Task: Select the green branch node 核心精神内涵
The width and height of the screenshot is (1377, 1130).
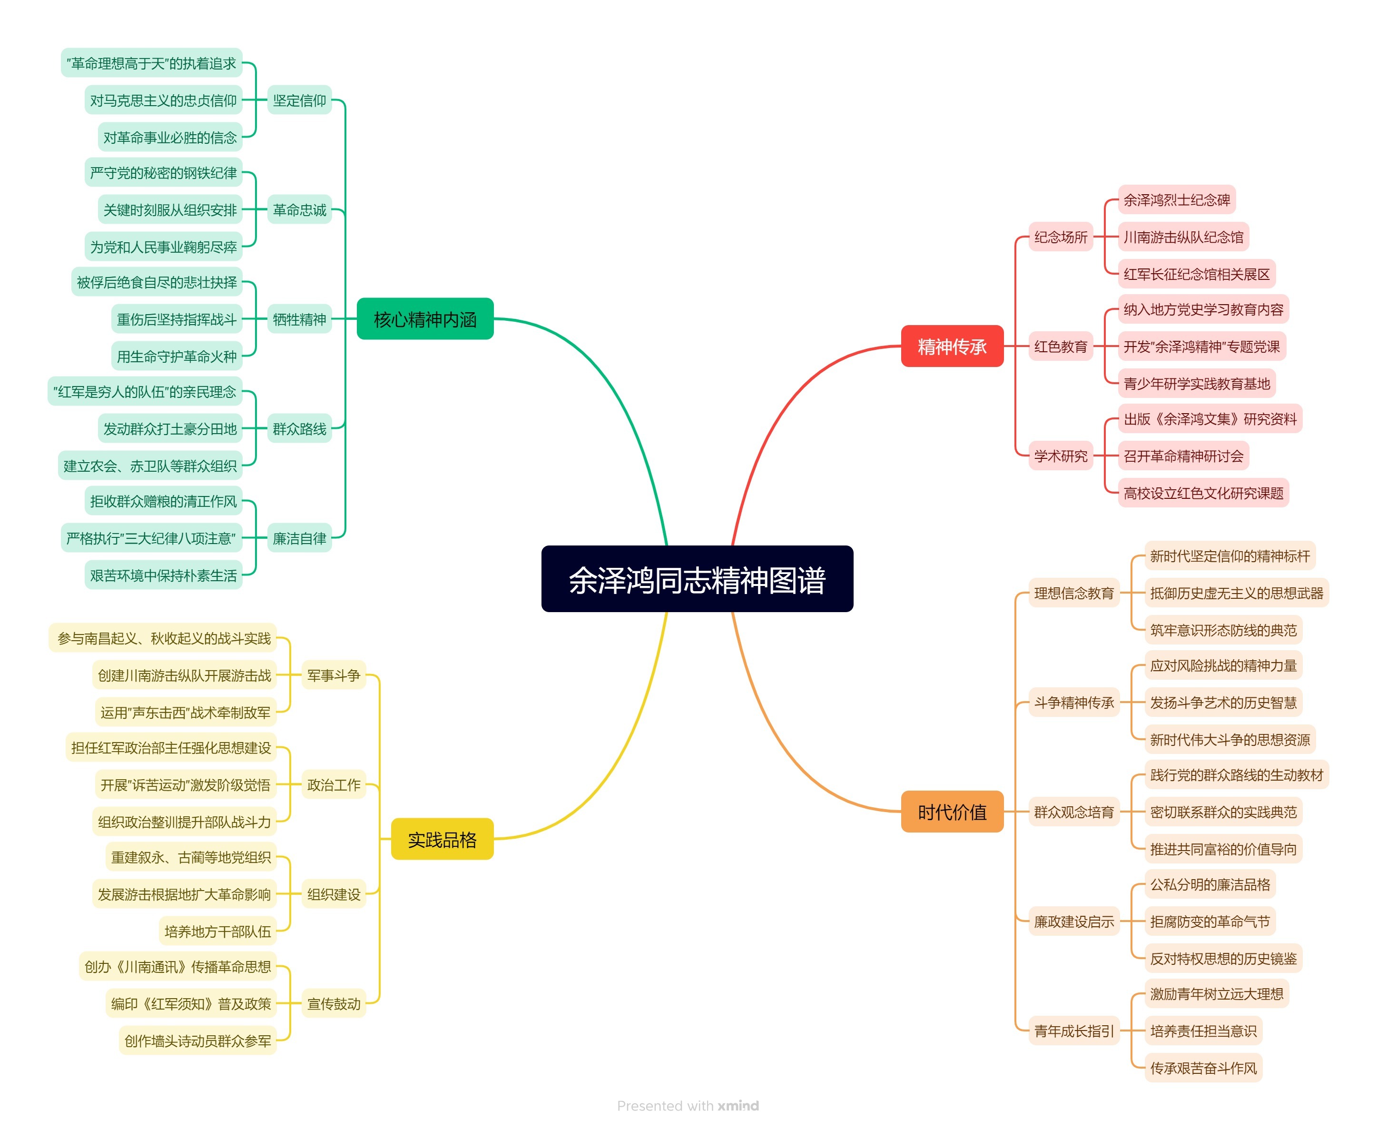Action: [x=425, y=319]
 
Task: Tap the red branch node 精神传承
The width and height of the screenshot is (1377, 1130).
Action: [x=952, y=347]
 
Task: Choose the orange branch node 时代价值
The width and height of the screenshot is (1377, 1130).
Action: [x=952, y=812]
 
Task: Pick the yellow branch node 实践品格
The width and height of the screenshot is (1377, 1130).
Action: [x=442, y=839]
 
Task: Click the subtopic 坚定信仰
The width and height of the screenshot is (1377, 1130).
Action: [x=299, y=100]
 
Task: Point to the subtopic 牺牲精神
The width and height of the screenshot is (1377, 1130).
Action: [x=299, y=319]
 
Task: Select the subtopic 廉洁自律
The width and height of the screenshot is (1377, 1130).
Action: [x=299, y=538]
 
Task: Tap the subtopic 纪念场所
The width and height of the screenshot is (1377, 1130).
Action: [x=1060, y=237]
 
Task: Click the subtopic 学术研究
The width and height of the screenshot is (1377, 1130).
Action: [x=1060, y=456]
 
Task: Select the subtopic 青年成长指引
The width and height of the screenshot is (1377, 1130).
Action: [x=1074, y=1031]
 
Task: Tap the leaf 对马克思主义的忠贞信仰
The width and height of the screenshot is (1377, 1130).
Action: [x=163, y=100]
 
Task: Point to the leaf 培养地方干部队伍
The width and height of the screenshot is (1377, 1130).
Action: [x=217, y=931]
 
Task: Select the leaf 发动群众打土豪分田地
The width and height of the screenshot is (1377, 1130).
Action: [x=170, y=428]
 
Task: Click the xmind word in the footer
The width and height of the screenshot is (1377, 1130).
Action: [x=738, y=1105]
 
